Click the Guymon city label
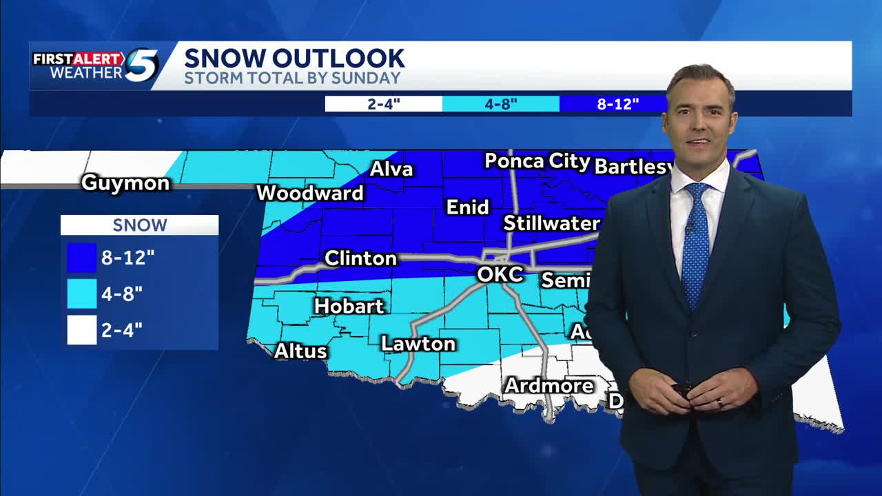[x=125, y=183]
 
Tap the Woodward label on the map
[x=309, y=194]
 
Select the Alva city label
[x=391, y=169]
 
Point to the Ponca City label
[x=537, y=162]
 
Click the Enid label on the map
[x=468, y=207]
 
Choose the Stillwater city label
[x=551, y=223]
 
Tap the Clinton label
[x=360, y=258]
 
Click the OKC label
[x=500, y=274]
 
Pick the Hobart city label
[x=349, y=306]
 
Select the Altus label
[x=300, y=351]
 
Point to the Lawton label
[x=418, y=344]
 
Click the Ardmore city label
[x=549, y=386]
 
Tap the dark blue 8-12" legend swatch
[x=81, y=258]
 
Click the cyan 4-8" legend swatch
[x=81, y=294]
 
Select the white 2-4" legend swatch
[x=81, y=330]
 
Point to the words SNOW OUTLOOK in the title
[x=294, y=58]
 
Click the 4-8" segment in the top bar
[x=500, y=104]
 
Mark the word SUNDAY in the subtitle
[x=365, y=78]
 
